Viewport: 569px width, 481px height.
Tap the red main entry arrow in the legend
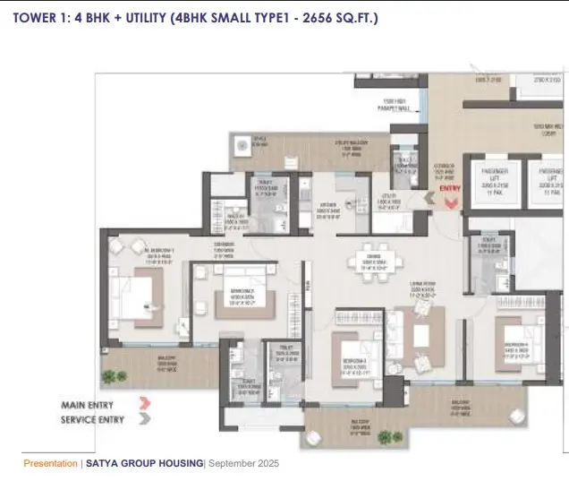click(x=146, y=405)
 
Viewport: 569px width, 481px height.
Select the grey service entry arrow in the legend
click(x=146, y=418)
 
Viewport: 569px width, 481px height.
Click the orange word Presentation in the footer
click(x=50, y=463)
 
